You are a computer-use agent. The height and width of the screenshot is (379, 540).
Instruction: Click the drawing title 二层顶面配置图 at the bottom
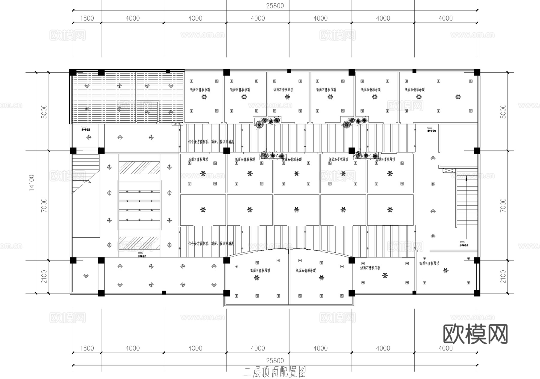pyautogui.click(x=274, y=372)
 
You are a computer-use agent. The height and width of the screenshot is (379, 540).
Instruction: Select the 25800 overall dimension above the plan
pyautogui.click(x=275, y=6)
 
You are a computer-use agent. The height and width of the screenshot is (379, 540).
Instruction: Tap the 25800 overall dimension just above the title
pyautogui.click(x=275, y=360)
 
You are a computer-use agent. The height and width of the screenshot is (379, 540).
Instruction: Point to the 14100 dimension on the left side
pyautogui.click(x=32, y=183)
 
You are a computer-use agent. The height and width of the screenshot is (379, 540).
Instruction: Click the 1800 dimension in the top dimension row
pyautogui.click(x=87, y=18)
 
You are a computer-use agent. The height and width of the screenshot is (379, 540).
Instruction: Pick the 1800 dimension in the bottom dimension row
pyautogui.click(x=87, y=348)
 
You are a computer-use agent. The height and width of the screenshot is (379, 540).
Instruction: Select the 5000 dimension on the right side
pyautogui.click(x=503, y=111)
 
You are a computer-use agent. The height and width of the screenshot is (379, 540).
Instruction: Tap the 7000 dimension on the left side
pyautogui.click(x=44, y=205)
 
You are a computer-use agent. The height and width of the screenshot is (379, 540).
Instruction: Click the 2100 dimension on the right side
pyautogui.click(x=503, y=277)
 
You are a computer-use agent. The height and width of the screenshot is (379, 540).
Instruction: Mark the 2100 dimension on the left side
pyautogui.click(x=44, y=277)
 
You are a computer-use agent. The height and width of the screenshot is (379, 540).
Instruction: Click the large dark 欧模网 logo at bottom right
pyautogui.click(x=475, y=334)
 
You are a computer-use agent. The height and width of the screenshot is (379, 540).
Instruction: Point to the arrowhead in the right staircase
pyautogui.click(x=466, y=179)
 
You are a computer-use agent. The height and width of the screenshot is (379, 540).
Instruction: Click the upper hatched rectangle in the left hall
pyautogui.click(x=139, y=168)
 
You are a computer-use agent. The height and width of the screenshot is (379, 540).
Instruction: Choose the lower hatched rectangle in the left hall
pyautogui.click(x=139, y=243)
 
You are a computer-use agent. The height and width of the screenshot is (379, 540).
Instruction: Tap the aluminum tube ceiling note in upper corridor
pyautogui.click(x=211, y=142)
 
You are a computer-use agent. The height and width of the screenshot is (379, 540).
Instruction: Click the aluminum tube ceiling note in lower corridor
pyautogui.click(x=211, y=244)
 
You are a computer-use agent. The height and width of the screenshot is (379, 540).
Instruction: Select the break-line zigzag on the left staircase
pyautogui.click(x=87, y=182)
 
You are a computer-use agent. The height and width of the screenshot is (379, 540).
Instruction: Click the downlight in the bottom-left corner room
pyautogui.click(x=86, y=275)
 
